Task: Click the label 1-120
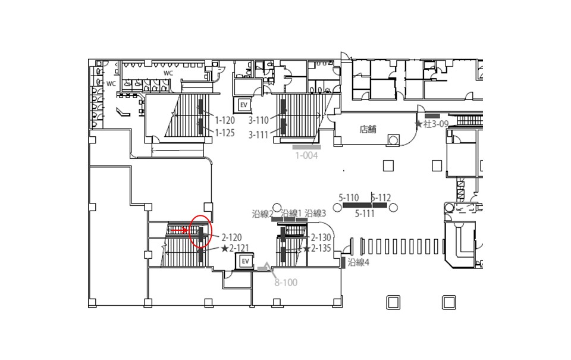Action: click(x=225, y=120)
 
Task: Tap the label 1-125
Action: click(x=225, y=133)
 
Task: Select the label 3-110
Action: click(x=259, y=120)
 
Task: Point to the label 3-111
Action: click(x=258, y=135)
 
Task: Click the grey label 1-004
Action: click(x=306, y=155)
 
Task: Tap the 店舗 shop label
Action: click(x=368, y=129)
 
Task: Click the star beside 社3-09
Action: click(x=419, y=124)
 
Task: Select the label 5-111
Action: click(x=365, y=214)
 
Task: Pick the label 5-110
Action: click(x=349, y=198)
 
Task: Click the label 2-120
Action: click(x=231, y=237)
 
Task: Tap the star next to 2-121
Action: click(x=225, y=249)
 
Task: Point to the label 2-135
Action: click(x=321, y=249)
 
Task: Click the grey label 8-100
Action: click(x=286, y=283)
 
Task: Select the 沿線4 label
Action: click(x=358, y=262)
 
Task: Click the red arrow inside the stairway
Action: click(x=179, y=230)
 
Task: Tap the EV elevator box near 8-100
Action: click(x=246, y=261)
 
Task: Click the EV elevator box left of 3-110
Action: click(x=244, y=105)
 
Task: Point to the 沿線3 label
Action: click(x=315, y=213)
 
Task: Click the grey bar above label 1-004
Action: click(x=307, y=147)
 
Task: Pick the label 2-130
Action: click(x=321, y=237)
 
